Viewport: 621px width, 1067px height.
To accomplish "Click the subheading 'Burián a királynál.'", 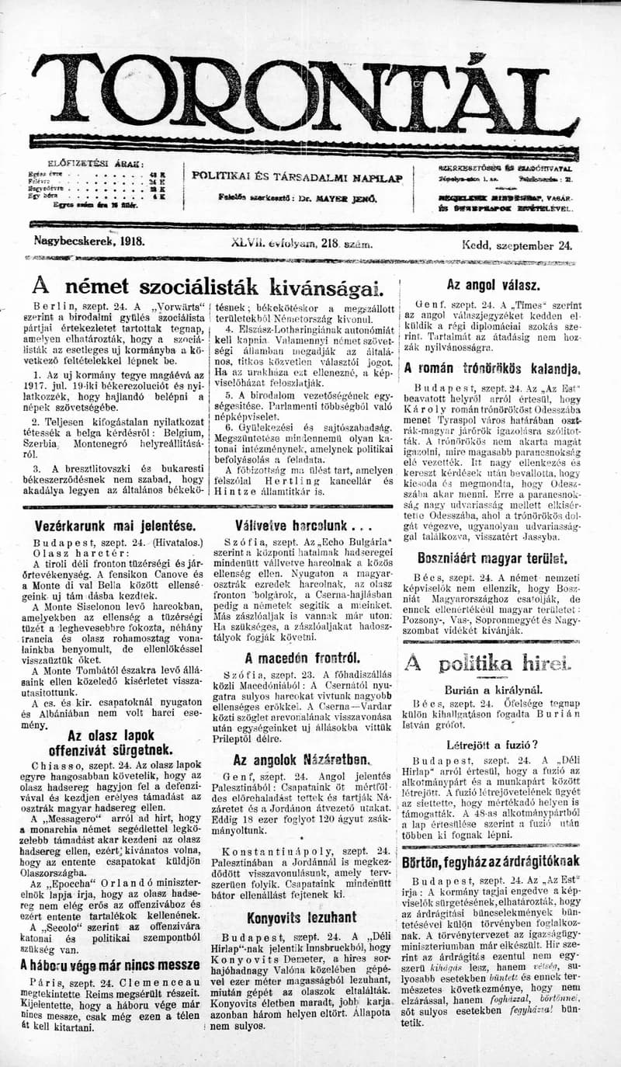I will (x=492, y=689).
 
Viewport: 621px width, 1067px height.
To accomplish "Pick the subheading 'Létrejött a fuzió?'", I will (x=492, y=745).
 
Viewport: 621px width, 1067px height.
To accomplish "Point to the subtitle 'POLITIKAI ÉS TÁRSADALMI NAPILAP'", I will (x=297, y=177).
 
